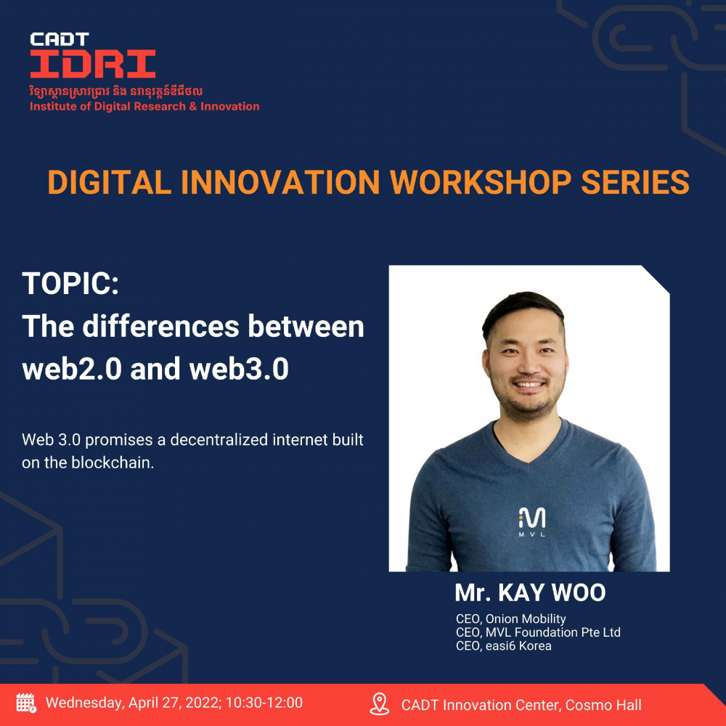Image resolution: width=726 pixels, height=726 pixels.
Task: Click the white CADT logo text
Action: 60,39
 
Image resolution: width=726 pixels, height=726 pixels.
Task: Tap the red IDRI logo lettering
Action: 93,63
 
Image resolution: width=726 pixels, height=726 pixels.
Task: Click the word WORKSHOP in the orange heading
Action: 481,182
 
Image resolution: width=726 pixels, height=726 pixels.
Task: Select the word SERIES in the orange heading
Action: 635,182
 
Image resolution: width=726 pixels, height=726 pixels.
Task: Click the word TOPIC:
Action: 70,283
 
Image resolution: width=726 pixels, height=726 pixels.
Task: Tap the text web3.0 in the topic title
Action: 239,369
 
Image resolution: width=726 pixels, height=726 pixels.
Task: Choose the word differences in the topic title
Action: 160,327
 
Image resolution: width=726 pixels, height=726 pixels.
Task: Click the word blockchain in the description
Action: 112,462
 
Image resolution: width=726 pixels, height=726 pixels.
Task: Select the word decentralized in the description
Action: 219,439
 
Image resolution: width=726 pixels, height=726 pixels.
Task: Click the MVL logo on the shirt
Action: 531,521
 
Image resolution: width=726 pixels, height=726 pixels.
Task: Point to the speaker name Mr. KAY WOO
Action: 530,592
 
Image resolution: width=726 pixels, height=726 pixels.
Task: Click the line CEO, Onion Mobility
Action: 510,619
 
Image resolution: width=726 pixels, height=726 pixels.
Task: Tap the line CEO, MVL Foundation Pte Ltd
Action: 538,632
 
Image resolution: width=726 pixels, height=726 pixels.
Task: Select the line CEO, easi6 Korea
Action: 503,646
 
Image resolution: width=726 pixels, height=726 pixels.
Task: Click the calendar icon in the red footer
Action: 26,703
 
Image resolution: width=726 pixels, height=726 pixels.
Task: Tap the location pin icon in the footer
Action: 379,703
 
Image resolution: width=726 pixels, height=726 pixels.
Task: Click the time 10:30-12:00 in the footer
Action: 264,703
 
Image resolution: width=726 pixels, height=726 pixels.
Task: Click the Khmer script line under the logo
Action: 115,91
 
